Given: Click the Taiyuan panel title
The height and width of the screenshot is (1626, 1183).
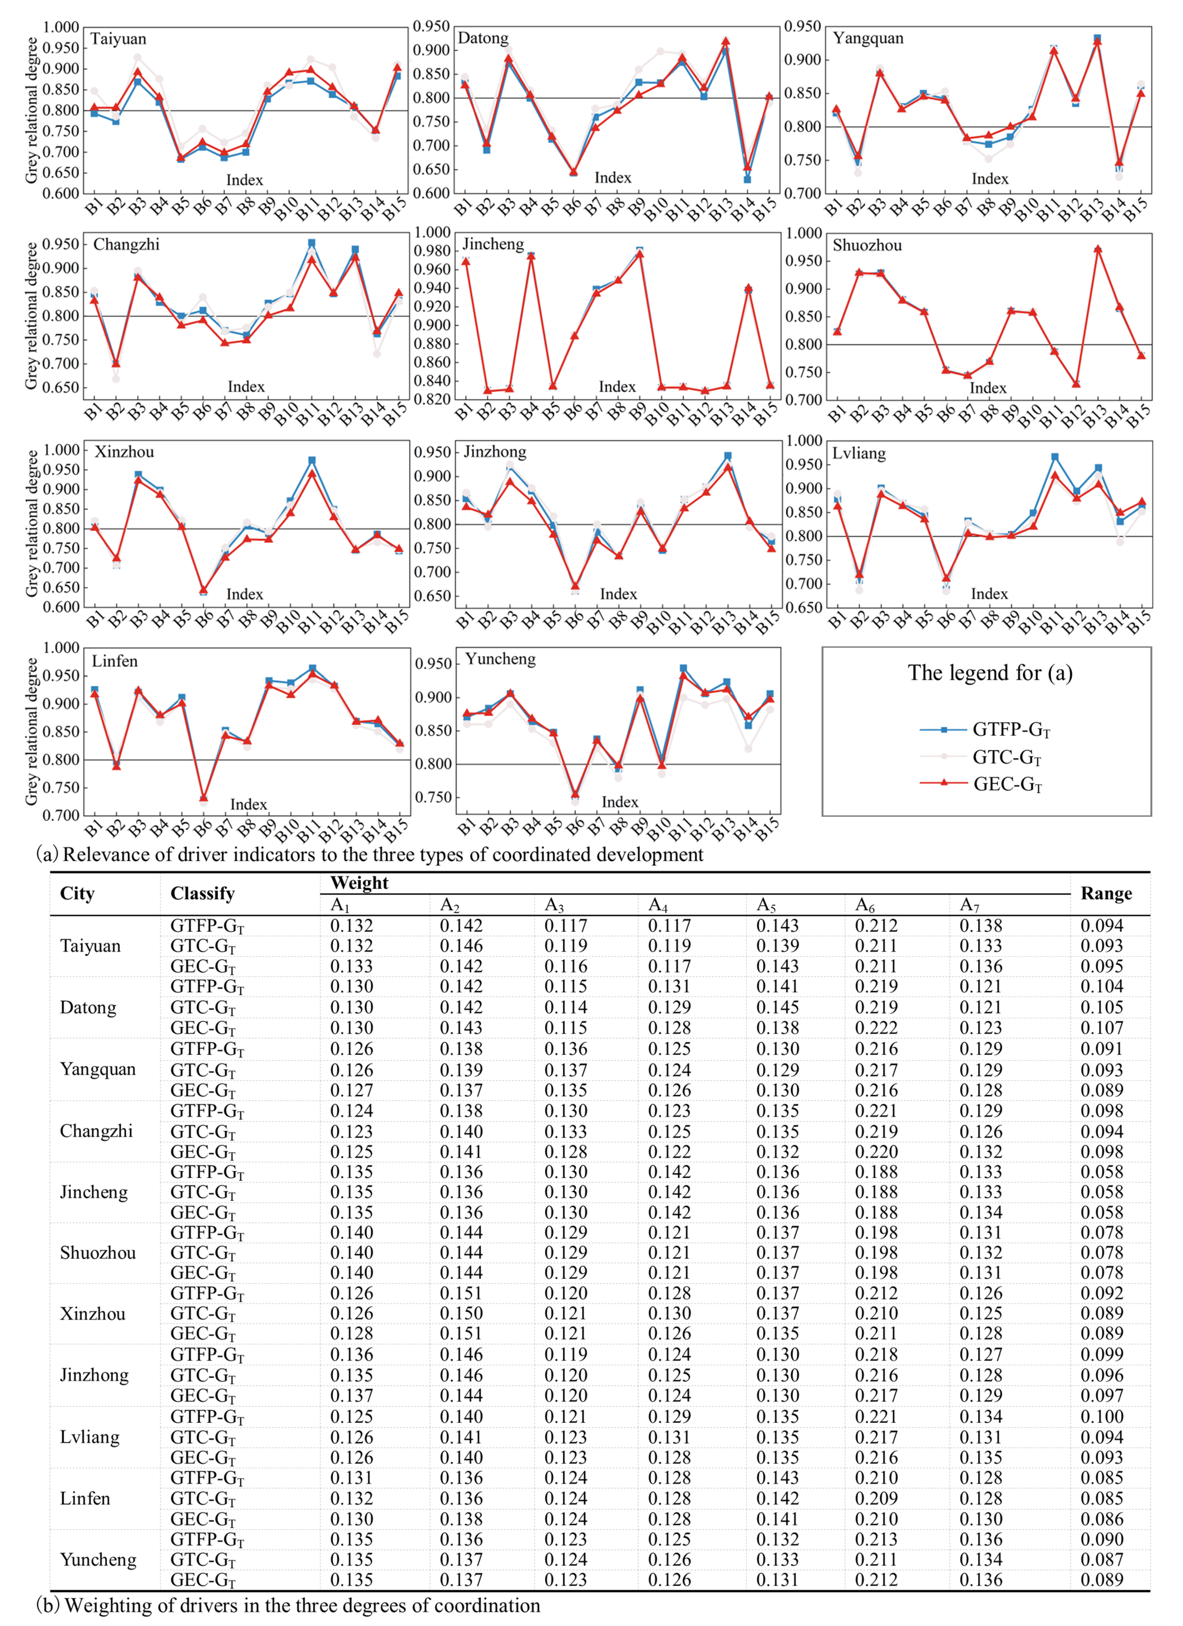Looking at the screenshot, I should tap(118, 39).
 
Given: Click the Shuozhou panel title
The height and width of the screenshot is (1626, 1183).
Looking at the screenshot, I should tap(867, 245).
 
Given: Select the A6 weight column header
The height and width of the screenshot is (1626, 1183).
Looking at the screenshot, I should tap(865, 906).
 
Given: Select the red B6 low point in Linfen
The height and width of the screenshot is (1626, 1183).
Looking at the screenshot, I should tap(204, 797).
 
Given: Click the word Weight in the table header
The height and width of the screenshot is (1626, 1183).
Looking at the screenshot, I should tap(359, 883).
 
